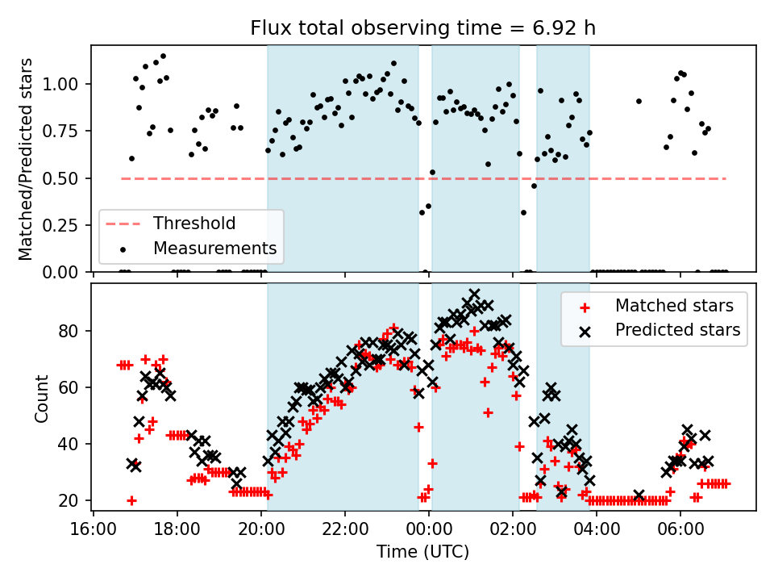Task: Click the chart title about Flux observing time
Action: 423,29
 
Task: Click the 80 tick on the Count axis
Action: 73,331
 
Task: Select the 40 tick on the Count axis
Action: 73,444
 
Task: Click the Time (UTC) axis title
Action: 422,552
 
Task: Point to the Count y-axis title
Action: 41,398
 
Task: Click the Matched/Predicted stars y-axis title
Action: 26,159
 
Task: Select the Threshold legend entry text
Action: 194,224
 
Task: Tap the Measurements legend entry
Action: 215,248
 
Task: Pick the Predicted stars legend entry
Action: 677,329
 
